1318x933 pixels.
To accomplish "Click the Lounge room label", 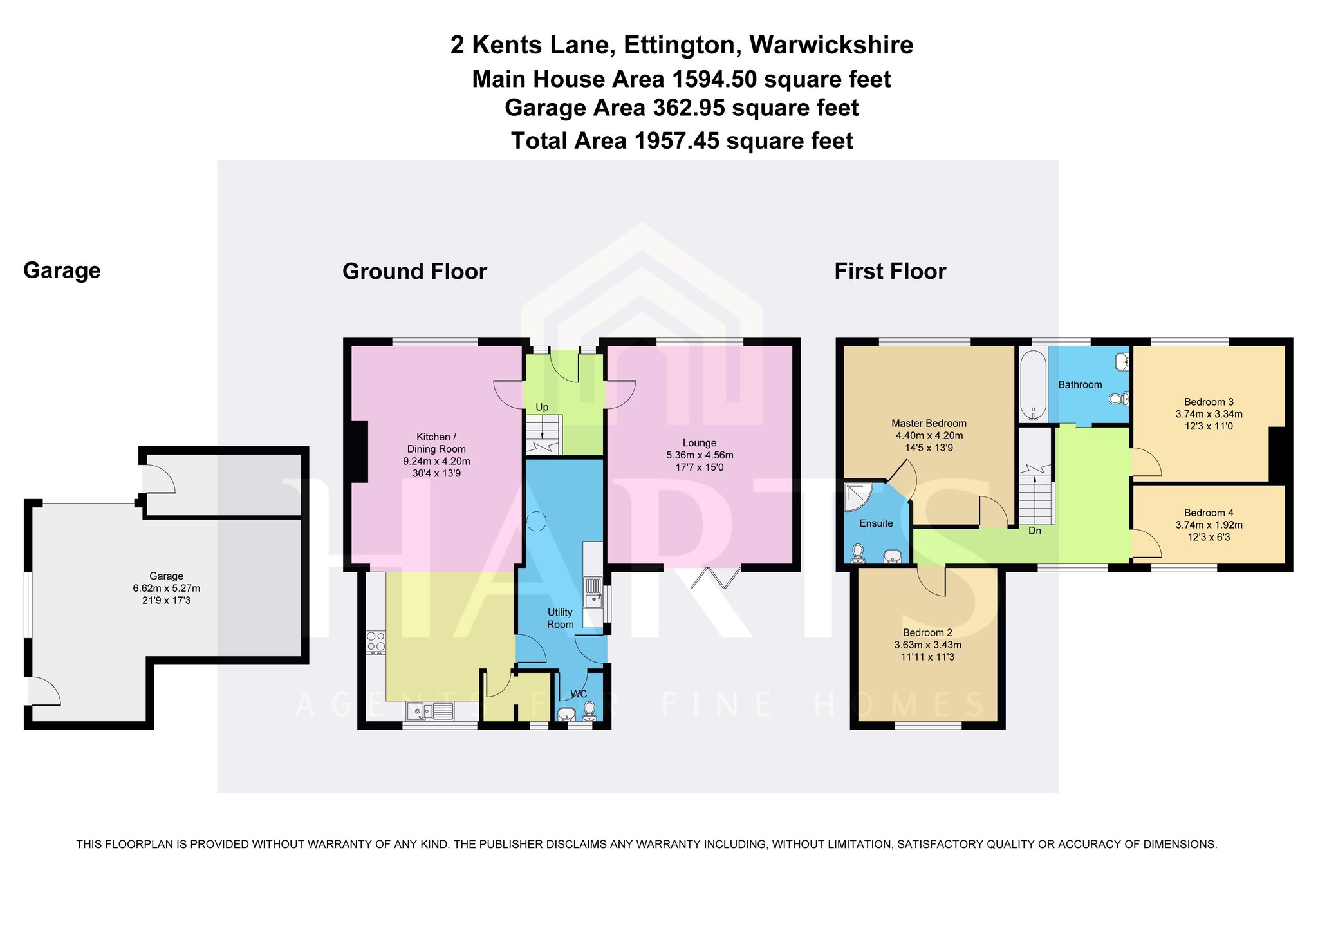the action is (700, 443).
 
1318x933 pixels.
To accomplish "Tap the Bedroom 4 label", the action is (1209, 513).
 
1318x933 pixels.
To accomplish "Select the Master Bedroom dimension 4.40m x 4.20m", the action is (929, 435).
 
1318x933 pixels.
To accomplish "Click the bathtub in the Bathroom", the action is (1034, 386).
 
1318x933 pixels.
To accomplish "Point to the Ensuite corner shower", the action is (858, 497).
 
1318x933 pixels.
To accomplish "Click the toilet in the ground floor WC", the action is (589, 712).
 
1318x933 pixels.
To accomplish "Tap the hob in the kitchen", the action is (376, 642).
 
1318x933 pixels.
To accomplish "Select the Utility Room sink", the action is (593, 592).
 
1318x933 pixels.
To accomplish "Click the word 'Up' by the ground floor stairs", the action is (542, 407).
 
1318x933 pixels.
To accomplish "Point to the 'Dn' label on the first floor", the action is (1035, 531).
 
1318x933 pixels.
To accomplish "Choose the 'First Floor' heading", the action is (890, 271).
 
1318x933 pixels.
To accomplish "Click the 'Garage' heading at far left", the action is (62, 270).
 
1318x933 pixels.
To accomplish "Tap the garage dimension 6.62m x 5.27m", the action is (166, 588).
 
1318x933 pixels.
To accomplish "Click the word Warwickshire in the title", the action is (831, 45).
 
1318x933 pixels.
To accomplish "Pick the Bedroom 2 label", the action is (927, 632).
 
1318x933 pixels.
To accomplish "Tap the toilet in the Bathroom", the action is (1120, 399).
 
